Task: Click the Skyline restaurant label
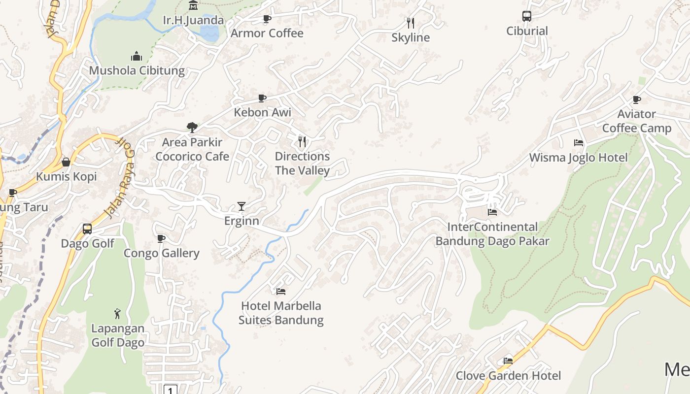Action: [x=411, y=37]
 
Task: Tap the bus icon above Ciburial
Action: [x=527, y=16]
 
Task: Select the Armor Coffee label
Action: [x=267, y=33]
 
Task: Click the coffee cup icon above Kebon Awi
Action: [x=262, y=98]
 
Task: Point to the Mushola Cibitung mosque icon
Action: [x=137, y=56]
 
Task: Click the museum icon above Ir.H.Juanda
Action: [x=193, y=5]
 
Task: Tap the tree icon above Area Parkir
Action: [x=192, y=128]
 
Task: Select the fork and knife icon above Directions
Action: [x=302, y=142]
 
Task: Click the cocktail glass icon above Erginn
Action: [x=241, y=206]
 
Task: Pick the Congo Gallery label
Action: [x=161, y=253]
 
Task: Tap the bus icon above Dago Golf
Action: [x=87, y=229]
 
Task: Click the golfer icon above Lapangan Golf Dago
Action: [x=117, y=314]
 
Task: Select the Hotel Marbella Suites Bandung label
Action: [x=281, y=313]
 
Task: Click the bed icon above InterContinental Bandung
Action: [x=492, y=212]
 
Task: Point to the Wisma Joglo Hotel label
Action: [x=578, y=158]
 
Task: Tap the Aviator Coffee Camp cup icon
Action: [x=637, y=99]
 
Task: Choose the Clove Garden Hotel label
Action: [x=508, y=376]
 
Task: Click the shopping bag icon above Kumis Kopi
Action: [x=66, y=162]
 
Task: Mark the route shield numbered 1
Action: [x=170, y=390]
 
